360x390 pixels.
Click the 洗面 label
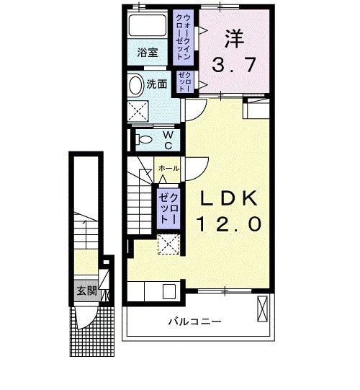tap(157, 84)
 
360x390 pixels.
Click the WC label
tap(167, 139)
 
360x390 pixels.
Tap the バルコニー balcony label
tap(195, 322)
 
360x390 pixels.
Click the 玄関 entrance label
tap(86, 292)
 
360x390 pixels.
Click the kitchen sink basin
tap(170, 292)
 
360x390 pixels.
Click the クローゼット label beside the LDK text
tap(168, 205)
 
